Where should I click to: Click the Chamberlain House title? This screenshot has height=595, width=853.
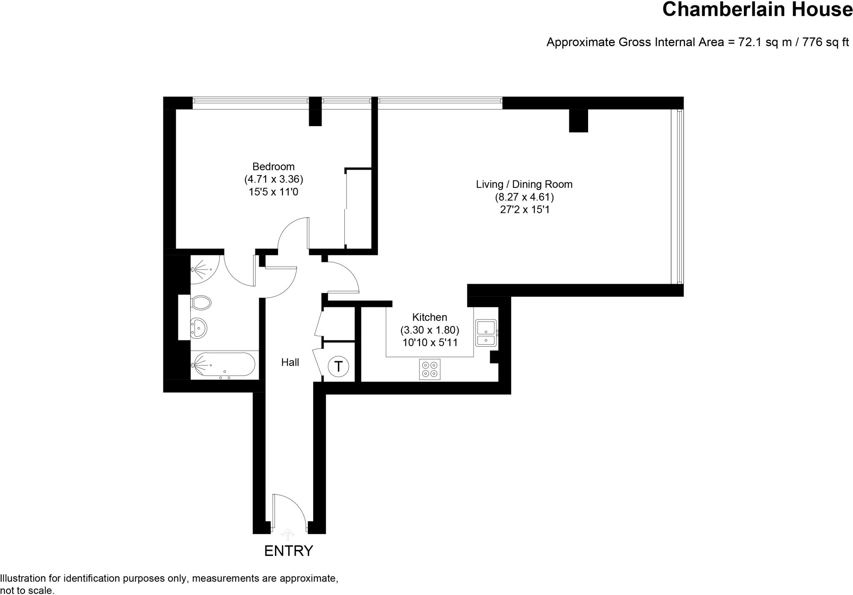(757, 9)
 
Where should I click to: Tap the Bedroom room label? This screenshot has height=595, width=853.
(273, 167)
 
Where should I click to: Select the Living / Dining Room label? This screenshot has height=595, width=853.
(524, 184)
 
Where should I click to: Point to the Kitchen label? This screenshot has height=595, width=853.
(429, 317)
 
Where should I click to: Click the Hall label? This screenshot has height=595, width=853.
(290, 362)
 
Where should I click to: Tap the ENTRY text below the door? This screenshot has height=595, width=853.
(288, 551)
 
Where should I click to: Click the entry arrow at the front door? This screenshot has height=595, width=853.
(287, 534)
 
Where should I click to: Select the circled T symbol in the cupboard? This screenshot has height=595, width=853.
(338, 367)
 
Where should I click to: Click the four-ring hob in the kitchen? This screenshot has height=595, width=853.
(429, 369)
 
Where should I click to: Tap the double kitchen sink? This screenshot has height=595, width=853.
(486, 333)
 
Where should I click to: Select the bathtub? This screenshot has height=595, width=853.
(224, 365)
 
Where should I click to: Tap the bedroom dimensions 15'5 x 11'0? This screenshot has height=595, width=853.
(273, 192)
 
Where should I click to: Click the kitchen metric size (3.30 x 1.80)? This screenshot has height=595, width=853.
(429, 330)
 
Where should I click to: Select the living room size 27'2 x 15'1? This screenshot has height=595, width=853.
(524, 210)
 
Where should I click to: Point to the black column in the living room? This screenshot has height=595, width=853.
(578, 120)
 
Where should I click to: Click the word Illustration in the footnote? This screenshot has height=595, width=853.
(22, 578)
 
